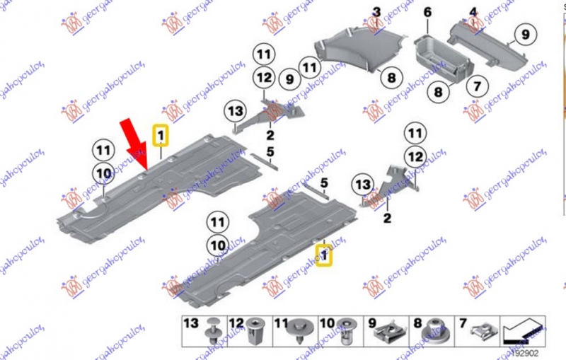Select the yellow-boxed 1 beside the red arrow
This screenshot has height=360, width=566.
(161, 135)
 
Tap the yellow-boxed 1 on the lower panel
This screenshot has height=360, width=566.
(325, 255)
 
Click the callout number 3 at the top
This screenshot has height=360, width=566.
(376, 12)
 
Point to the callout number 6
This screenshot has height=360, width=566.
(427, 12)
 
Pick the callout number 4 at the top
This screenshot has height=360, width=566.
(473, 12)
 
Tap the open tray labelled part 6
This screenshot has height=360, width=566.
(441, 57)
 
